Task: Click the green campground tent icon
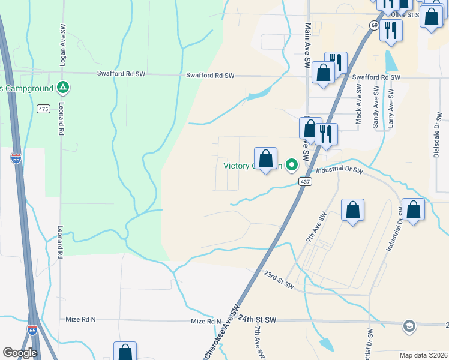[x=62, y=88]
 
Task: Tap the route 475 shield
[x=43, y=109]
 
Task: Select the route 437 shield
[x=306, y=181]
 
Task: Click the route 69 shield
[x=374, y=25]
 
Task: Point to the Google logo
[x=20, y=353]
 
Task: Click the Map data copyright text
[x=423, y=355]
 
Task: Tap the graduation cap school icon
[x=409, y=325]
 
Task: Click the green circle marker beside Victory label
[x=292, y=164]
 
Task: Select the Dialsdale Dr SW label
[x=437, y=135]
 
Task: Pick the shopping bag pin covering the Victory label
[x=266, y=159]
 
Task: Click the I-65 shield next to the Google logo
[x=32, y=331]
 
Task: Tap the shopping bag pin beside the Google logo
[x=125, y=352]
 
